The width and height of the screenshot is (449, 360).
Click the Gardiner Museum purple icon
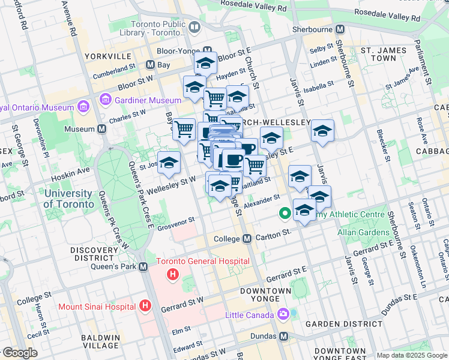click(106, 98)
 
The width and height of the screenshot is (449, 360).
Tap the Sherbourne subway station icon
click(340, 29)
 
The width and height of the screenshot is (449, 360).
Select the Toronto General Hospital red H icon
click(173, 275)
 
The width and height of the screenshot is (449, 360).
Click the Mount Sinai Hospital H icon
click(144, 306)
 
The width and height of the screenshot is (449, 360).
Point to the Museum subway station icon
click(102, 129)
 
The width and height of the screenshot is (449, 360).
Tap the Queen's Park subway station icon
click(143, 266)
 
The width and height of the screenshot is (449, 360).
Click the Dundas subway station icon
click(284, 337)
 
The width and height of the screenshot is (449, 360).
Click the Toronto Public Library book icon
click(194, 27)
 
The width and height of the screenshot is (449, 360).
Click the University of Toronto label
click(68, 199)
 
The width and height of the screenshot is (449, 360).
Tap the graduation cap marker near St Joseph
click(169, 162)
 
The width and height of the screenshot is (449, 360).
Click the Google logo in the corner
click(19, 353)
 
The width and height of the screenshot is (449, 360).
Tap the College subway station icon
click(247, 239)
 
